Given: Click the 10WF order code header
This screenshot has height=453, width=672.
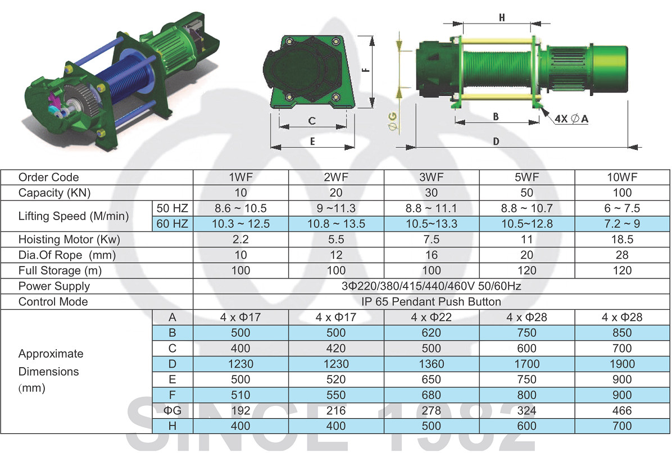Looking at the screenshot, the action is [x=622, y=177].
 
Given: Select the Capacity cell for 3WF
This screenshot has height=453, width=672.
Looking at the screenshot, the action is [x=431, y=193].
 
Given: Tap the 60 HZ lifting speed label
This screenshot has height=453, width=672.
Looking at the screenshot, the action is [x=172, y=223].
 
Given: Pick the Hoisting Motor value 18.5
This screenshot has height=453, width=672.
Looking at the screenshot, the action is [x=622, y=239].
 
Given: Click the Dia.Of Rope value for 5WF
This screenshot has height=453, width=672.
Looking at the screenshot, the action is [x=526, y=255].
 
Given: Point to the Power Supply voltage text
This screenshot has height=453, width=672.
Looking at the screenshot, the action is [x=431, y=286].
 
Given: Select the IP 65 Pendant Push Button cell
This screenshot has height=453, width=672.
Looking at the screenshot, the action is [x=431, y=302].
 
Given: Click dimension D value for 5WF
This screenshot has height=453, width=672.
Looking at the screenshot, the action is [x=526, y=364].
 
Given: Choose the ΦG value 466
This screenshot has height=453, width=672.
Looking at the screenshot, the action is [x=622, y=410].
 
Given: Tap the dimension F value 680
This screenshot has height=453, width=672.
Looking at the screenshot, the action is [x=431, y=395].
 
